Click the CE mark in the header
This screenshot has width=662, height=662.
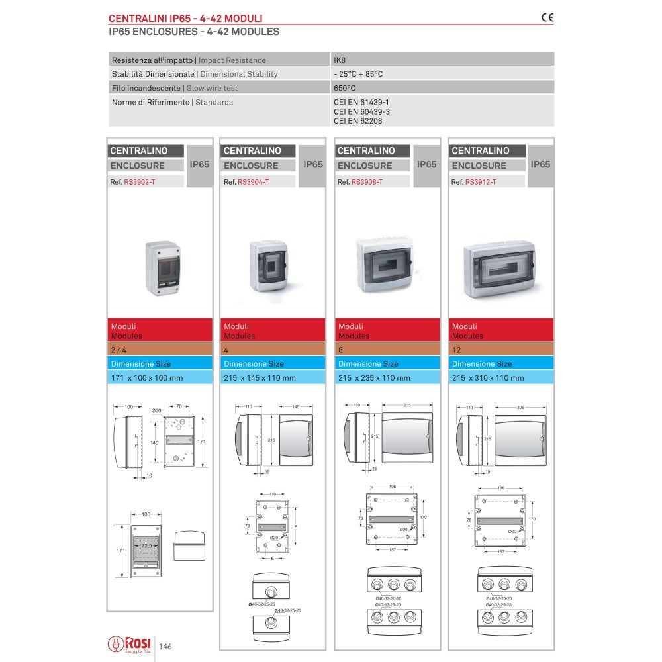[547, 18]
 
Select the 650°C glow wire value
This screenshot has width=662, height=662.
[345, 88]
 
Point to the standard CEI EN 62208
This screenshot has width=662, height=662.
[357, 121]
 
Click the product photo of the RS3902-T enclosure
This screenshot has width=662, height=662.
[162, 267]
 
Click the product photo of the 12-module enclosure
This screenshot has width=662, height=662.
[499, 269]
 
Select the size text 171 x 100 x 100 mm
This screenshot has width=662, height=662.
[147, 378]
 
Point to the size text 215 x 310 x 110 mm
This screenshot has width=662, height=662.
[487, 378]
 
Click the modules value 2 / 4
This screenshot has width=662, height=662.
[120, 350]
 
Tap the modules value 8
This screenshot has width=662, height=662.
[341, 350]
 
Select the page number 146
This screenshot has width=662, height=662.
[165, 646]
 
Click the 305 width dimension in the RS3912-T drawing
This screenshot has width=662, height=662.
[520, 408]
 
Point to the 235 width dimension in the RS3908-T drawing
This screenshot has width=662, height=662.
[406, 404]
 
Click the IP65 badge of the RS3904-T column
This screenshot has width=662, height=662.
[313, 165]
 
